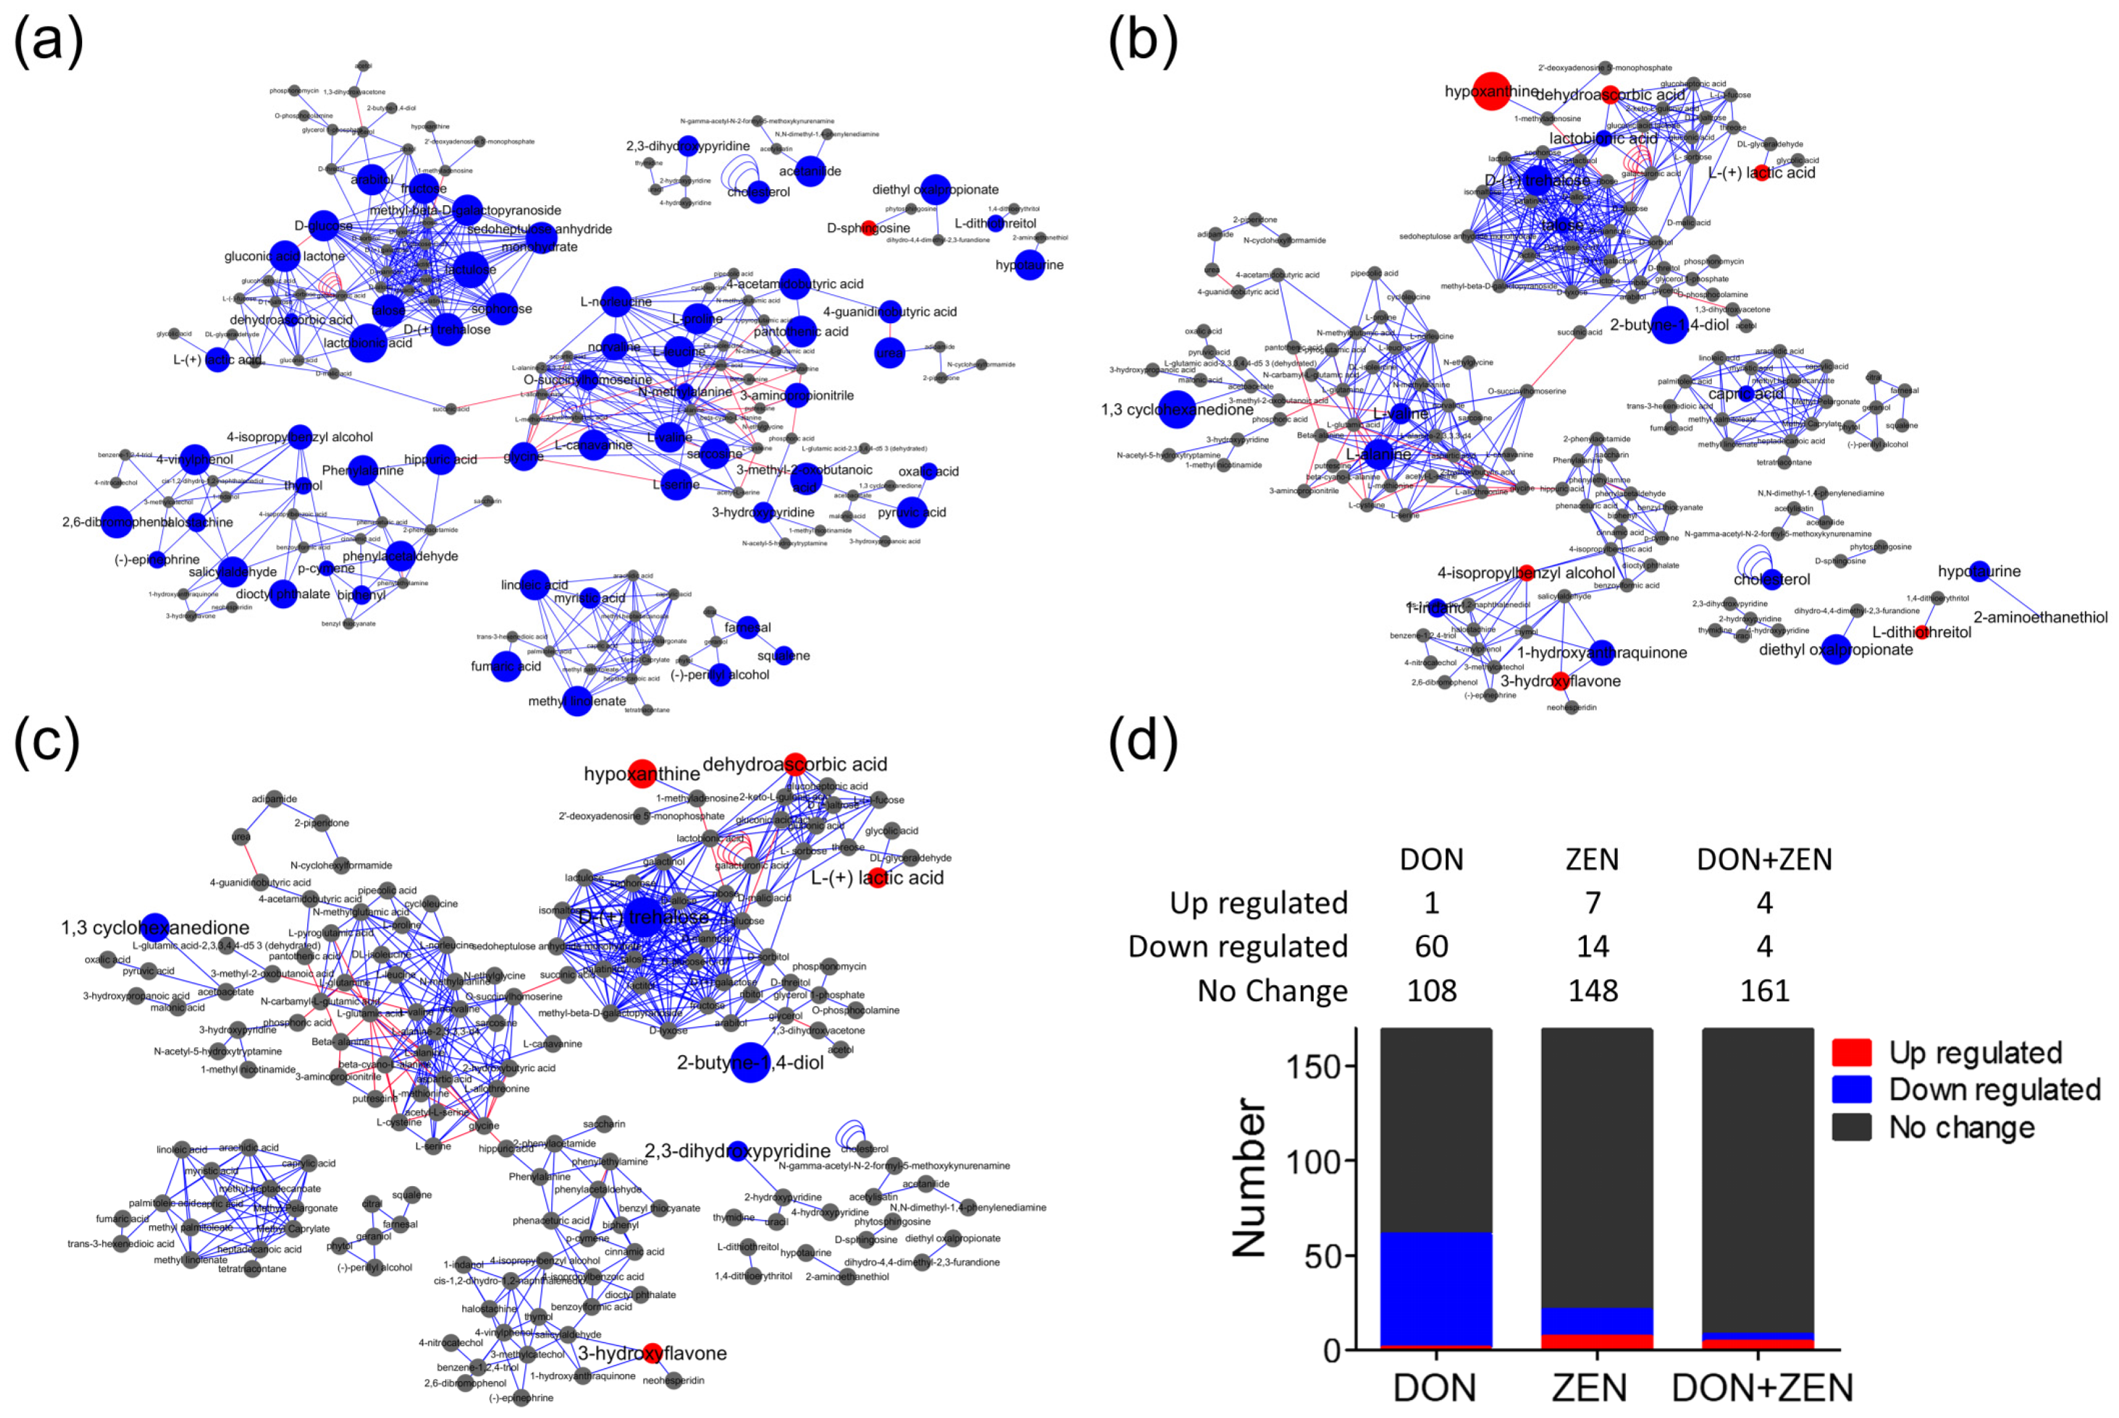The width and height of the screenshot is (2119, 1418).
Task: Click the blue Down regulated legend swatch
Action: point(1851,1090)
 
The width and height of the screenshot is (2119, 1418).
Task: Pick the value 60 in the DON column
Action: point(1432,947)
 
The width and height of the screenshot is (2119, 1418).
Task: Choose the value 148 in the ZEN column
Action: point(1593,991)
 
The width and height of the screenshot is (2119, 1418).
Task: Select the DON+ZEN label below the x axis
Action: point(1763,1388)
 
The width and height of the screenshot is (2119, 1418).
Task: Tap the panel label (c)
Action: point(47,739)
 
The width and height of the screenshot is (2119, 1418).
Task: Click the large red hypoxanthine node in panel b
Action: point(1491,91)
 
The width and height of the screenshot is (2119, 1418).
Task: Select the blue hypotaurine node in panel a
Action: point(1030,265)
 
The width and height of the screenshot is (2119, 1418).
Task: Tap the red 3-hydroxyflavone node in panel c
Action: point(653,1353)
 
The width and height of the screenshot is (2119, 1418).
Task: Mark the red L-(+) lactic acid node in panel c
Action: point(877,877)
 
